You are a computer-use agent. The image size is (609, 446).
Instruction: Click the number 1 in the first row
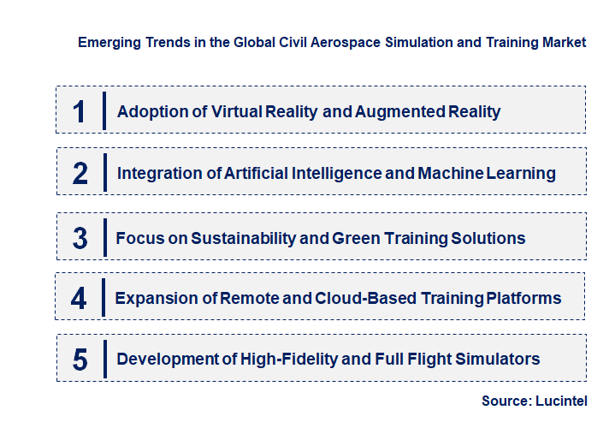point(80,111)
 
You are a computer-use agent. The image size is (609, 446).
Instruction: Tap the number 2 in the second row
point(80,174)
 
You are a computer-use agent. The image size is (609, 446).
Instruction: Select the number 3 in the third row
point(80,238)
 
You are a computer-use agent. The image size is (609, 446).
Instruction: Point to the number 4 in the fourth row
point(80,299)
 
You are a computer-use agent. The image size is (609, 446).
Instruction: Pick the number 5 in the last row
point(80,360)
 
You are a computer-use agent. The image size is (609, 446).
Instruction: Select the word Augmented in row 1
point(400,111)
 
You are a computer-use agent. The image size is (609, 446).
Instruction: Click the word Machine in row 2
point(450,174)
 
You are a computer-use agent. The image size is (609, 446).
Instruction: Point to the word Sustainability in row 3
point(242,238)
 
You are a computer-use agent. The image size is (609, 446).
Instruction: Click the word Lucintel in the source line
point(561,401)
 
